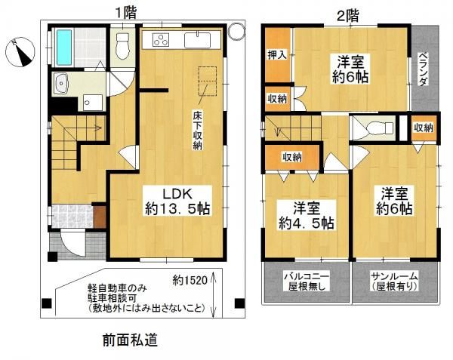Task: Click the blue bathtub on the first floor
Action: tap(64, 48)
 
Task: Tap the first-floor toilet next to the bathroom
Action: tap(123, 45)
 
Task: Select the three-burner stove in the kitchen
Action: tap(162, 40)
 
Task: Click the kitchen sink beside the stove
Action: tap(198, 40)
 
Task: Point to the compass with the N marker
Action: tap(20, 52)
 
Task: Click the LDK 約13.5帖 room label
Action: tap(177, 202)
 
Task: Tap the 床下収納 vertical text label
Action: tap(198, 131)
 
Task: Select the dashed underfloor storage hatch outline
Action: tap(208, 81)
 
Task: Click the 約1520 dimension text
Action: tap(190, 280)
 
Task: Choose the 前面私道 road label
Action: tap(131, 340)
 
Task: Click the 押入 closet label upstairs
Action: tap(277, 54)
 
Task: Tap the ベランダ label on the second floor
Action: tap(423, 69)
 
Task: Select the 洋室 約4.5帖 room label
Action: tap(307, 215)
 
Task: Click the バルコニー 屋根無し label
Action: tap(307, 281)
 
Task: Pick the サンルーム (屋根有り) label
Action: tap(395, 281)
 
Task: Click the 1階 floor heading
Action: tap(126, 13)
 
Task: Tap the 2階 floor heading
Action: tap(348, 16)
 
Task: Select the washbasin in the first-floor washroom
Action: tap(60, 83)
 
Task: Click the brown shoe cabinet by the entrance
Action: tap(100, 217)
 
